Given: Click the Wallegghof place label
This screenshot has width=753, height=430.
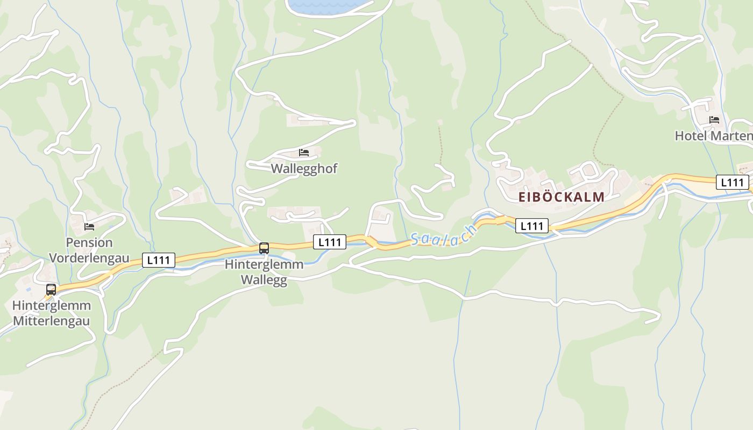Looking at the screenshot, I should point(304,168).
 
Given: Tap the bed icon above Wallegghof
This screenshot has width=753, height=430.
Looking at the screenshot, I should point(304,153).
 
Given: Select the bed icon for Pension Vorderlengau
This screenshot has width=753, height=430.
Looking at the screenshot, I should point(89,227).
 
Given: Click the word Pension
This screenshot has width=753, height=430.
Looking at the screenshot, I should point(89,243).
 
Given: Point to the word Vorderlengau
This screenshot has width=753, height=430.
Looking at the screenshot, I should point(89,258).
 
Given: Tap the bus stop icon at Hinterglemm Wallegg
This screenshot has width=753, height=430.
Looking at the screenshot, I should point(264,248).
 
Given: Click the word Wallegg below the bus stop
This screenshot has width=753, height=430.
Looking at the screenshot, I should point(264,280).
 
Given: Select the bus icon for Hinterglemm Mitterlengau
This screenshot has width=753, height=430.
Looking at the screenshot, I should point(51,290).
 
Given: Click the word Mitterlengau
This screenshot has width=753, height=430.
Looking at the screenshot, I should point(51,321).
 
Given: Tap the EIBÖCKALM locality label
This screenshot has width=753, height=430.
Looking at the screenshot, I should point(562,197).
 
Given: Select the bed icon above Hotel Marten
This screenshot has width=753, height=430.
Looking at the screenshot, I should point(714,120).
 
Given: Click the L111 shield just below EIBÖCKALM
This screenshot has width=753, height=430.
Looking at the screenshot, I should point(532,226).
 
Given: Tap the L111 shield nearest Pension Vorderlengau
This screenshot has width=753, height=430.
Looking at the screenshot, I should point(159,260).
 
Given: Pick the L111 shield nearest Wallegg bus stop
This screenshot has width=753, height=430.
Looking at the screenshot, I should point(330,242).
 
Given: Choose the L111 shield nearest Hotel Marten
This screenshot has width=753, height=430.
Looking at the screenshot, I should point(732,182).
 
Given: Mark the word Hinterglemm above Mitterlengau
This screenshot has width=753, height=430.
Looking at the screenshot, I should point(51,306).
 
